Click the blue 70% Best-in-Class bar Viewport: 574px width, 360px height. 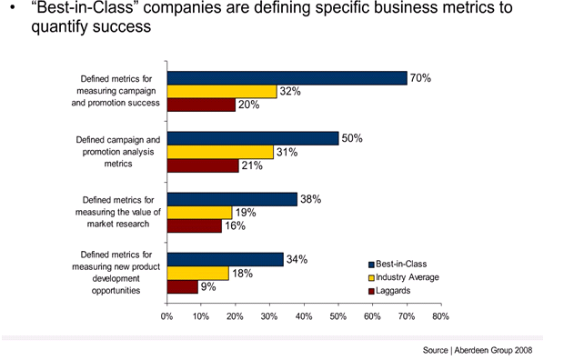[x=287, y=78]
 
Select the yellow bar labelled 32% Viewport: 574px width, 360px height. [x=221, y=91]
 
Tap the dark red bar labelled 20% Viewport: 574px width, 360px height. [x=201, y=105]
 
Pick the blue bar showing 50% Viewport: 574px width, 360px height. [x=252, y=138]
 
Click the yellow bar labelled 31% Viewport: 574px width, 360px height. [x=219, y=152]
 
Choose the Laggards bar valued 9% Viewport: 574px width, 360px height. [x=182, y=286]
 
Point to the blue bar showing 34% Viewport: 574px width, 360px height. [x=225, y=259]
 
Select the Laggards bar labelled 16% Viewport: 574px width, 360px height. [x=194, y=225]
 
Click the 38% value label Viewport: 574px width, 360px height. [x=311, y=199]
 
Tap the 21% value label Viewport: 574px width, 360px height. [x=252, y=165]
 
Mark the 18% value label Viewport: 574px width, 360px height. [x=242, y=273]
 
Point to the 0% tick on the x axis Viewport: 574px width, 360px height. [x=166, y=317]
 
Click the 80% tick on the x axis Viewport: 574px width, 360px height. [x=440, y=317]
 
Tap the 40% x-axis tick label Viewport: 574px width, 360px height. [x=303, y=317]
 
